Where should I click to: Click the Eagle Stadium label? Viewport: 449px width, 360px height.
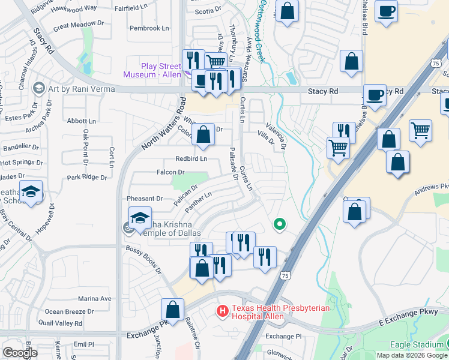pos(416,344)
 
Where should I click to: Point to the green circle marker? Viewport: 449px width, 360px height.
pos(279,224)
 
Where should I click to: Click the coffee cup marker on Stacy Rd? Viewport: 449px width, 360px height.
pos(375,95)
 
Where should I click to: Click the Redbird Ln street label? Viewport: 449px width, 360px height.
pos(191,159)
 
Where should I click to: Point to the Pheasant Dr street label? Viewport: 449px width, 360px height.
pos(145,199)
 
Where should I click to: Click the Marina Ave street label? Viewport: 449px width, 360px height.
pos(95,299)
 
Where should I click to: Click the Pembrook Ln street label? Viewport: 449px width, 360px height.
pos(149,28)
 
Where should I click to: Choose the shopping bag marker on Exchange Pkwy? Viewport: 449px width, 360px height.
pos(172,310)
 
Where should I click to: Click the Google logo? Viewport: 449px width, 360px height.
pos(20,353)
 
